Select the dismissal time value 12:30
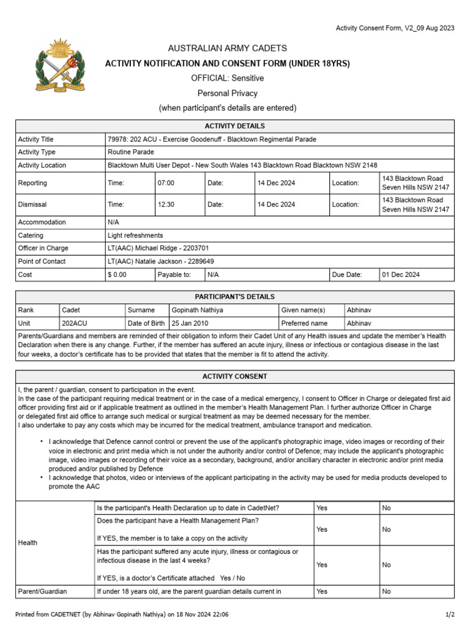click(x=166, y=205)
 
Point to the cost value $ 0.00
click(x=117, y=274)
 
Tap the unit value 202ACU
click(x=75, y=323)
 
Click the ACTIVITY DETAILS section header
click(x=234, y=126)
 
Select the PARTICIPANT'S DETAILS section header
click(x=234, y=296)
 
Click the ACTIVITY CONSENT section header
click(x=234, y=377)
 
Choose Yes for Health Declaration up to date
click(x=322, y=508)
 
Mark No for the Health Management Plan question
click(x=386, y=529)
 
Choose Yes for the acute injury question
click(x=322, y=565)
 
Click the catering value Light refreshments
click(x=135, y=235)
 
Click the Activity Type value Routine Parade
click(x=131, y=152)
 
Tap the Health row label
click(x=28, y=542)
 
